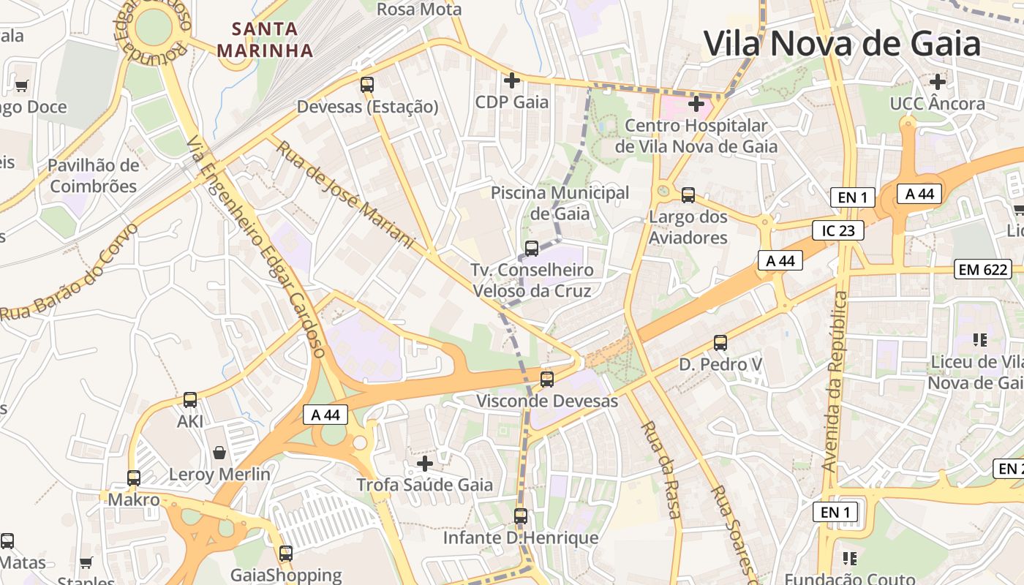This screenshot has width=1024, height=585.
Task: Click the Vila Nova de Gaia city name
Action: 842,43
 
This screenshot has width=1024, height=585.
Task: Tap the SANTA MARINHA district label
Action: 265,40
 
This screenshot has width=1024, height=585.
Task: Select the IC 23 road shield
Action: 838,231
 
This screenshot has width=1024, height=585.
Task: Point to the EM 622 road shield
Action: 982,270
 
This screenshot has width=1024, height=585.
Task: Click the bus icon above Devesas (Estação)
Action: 367,84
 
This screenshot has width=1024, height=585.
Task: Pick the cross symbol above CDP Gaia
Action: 512,80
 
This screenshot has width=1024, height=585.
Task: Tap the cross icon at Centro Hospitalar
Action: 696,104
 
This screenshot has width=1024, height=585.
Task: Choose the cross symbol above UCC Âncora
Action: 938,82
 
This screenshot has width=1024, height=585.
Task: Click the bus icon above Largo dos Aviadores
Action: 688,195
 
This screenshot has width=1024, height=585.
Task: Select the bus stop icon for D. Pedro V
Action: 720,342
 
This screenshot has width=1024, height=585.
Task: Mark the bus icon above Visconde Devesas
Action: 547,379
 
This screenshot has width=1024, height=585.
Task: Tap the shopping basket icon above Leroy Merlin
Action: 219,453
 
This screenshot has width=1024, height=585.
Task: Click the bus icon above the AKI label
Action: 190,399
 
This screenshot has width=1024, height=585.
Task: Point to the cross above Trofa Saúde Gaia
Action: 425,463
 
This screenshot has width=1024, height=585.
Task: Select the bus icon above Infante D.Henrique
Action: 521,516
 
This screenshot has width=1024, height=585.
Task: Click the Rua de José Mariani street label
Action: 345,194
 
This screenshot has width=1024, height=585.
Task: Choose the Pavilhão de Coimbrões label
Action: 93,175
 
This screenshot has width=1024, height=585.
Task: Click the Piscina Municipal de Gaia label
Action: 560,203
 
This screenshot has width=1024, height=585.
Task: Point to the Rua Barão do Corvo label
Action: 69,273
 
